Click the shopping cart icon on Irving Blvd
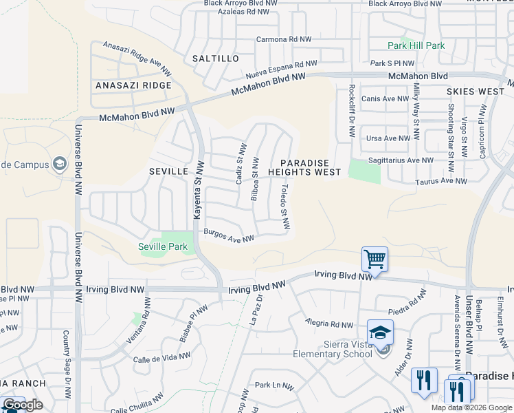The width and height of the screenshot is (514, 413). tap(375, 260)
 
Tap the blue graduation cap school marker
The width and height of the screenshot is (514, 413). tap(380, 332)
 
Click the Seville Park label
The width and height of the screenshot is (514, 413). tap(163, 246)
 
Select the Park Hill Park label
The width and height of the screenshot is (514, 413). tap(416, 46)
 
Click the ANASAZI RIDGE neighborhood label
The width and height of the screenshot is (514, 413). tap(133, 85)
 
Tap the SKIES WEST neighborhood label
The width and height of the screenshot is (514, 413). tap(476, 92)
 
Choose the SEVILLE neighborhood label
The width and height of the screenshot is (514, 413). tap(168, 170)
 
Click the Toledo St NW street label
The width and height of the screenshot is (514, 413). tap(285, 206)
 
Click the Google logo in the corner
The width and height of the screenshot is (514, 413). tap(23, 405)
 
